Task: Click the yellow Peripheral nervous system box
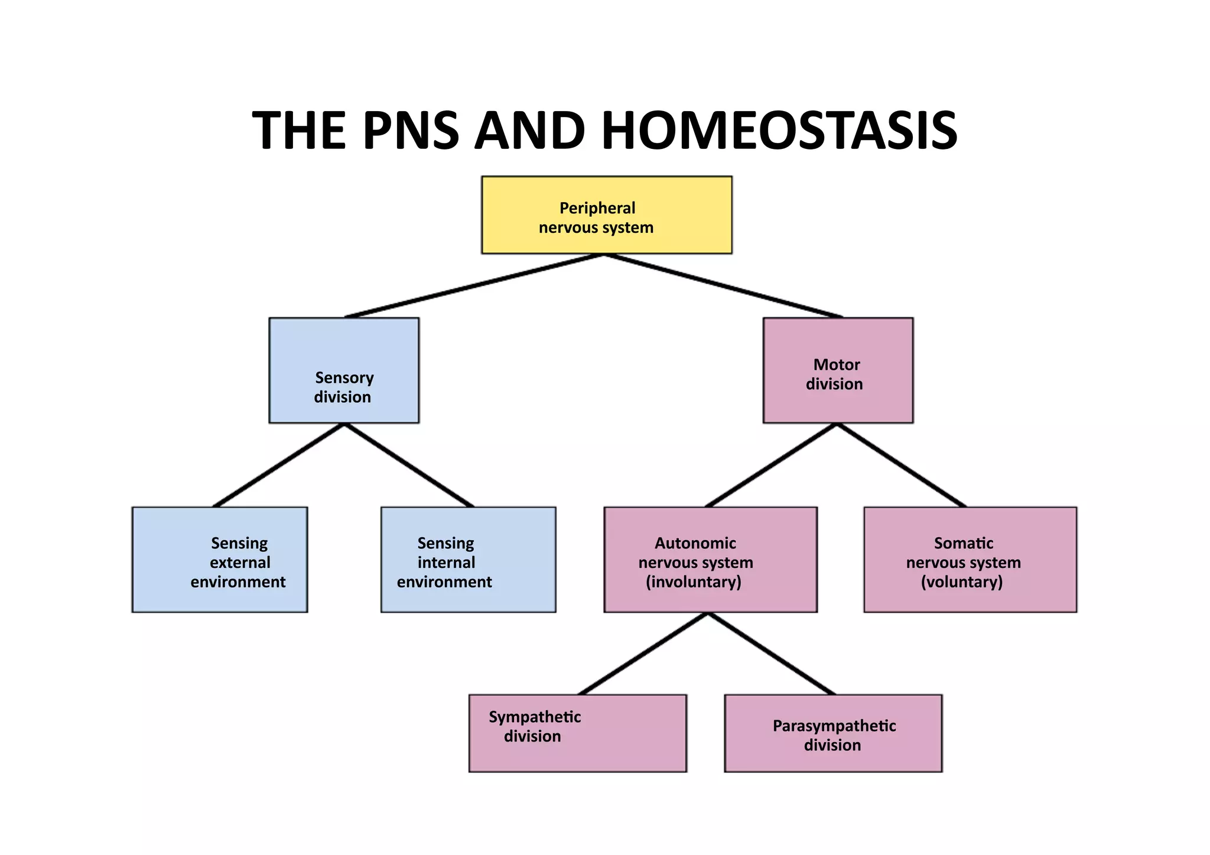(x=607, y=215)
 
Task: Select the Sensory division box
(x=344, y=370)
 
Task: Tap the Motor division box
(x=838, y=370)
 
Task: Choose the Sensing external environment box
(x=220, y=560)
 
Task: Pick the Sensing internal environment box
(x=468, y=560)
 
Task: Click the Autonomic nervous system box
(x=710, y=560)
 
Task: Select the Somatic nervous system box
(x=970, y=560)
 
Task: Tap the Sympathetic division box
(x=577, y=733)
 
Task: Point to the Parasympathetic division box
(x=833, y=733)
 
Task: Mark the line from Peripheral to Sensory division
(x=474, y=286)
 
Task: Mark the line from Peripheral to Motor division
(x=723, y=286)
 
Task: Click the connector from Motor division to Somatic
(x=902, y=465)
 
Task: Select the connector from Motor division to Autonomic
(x=772, y=465)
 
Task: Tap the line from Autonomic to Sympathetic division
(x=643, y=654)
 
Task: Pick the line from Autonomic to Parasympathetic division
(x=772, y=654)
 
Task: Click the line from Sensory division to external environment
(x=279, y=465)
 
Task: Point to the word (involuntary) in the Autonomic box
(x=694, y=582)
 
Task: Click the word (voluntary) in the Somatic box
(x=962, y=582)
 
